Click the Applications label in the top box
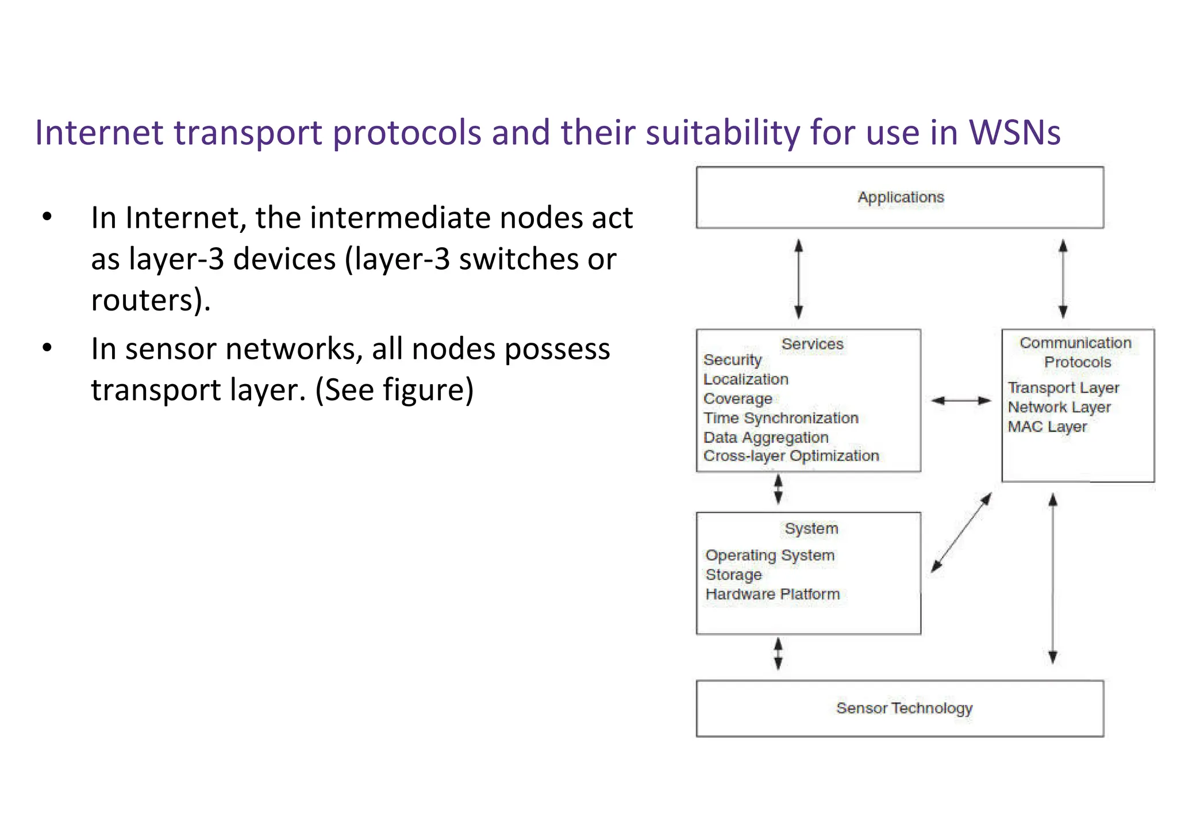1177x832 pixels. [x=901, y=197]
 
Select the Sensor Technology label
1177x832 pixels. [x=904, y=708]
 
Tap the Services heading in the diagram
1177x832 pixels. [x=812, y=344]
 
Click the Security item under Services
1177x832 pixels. [x=732, y=360]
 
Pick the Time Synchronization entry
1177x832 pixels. [x=780, y=418]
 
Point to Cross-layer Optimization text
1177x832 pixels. [x=791, y=456]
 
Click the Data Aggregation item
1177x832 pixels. [x=766, y=438]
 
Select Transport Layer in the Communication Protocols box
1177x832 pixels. [x=1063, y=388]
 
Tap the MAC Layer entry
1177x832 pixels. [x=1047, y=427]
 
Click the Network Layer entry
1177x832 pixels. [x=1059, y=408]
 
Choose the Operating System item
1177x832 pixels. [x=770, y=555]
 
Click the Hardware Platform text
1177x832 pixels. [x=772, y=594]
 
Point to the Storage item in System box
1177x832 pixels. [x=733, y=575]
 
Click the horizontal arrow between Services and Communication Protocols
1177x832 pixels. [x=961, y=401]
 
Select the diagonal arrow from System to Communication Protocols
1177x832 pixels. [x=961, y=532]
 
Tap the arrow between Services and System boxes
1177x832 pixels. [x=778, y=489]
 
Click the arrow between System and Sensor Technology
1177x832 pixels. [x=778, y=654]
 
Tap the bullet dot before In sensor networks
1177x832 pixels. [x=47, y=348]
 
